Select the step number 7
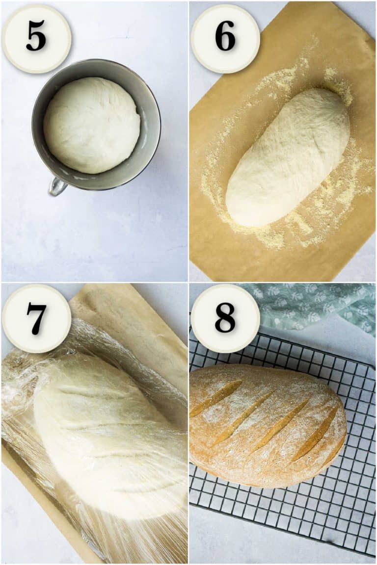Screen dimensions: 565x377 (x=36, y=318)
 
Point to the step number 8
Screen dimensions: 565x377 (x=225, y=318)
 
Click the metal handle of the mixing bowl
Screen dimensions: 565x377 (x=56, y=186)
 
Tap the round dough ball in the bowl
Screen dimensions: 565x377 (x=92, y=125)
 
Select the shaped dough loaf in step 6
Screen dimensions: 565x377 (x=287, y=157)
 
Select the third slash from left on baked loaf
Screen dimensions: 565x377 (x=280, y=425)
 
